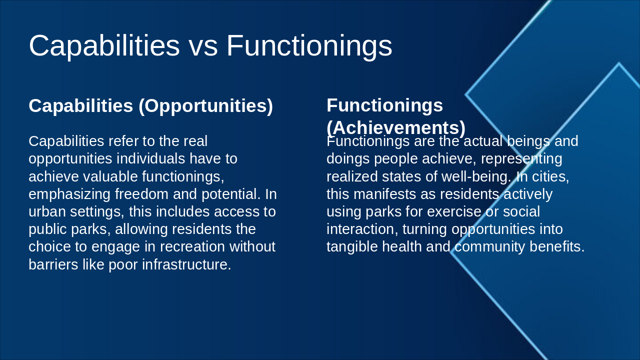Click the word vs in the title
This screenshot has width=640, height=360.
203,46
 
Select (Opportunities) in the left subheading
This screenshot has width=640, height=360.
205,106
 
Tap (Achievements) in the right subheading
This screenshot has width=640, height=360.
396,128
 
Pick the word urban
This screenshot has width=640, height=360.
47,212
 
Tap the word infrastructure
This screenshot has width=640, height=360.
186,264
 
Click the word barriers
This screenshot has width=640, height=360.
53,264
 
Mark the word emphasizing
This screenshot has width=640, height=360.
69,195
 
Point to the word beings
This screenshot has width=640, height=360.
528,141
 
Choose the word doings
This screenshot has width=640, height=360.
348,159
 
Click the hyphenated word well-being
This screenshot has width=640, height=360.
476,177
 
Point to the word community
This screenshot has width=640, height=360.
489,247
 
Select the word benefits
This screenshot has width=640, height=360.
557,247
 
